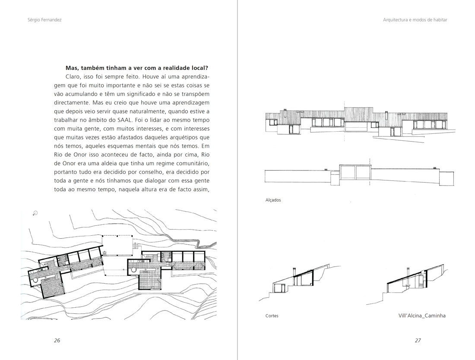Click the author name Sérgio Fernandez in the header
point(44,20)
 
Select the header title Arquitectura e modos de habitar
point(415,20)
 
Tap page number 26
point(57,340)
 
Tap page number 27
point(418,340)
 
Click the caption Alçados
point(273,200)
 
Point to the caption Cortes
point(272,316)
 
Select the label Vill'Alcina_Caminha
point(422,316)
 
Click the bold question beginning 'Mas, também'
point(137,68)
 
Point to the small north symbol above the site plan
point(35,212)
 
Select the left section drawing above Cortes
point(294,283)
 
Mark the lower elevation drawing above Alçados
point(356,175)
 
